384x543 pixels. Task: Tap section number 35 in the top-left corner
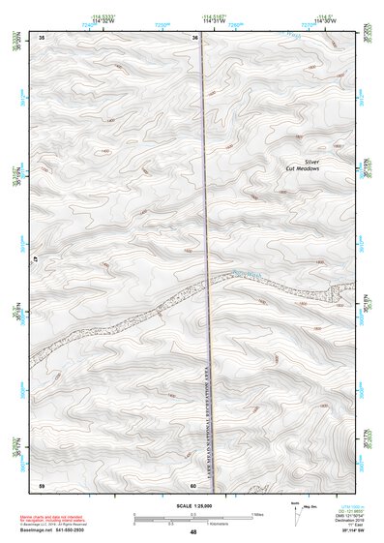[41, 38]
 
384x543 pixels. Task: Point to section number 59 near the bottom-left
[41, 484]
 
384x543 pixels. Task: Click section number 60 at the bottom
[194, 485]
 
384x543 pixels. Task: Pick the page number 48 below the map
[193, 531]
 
